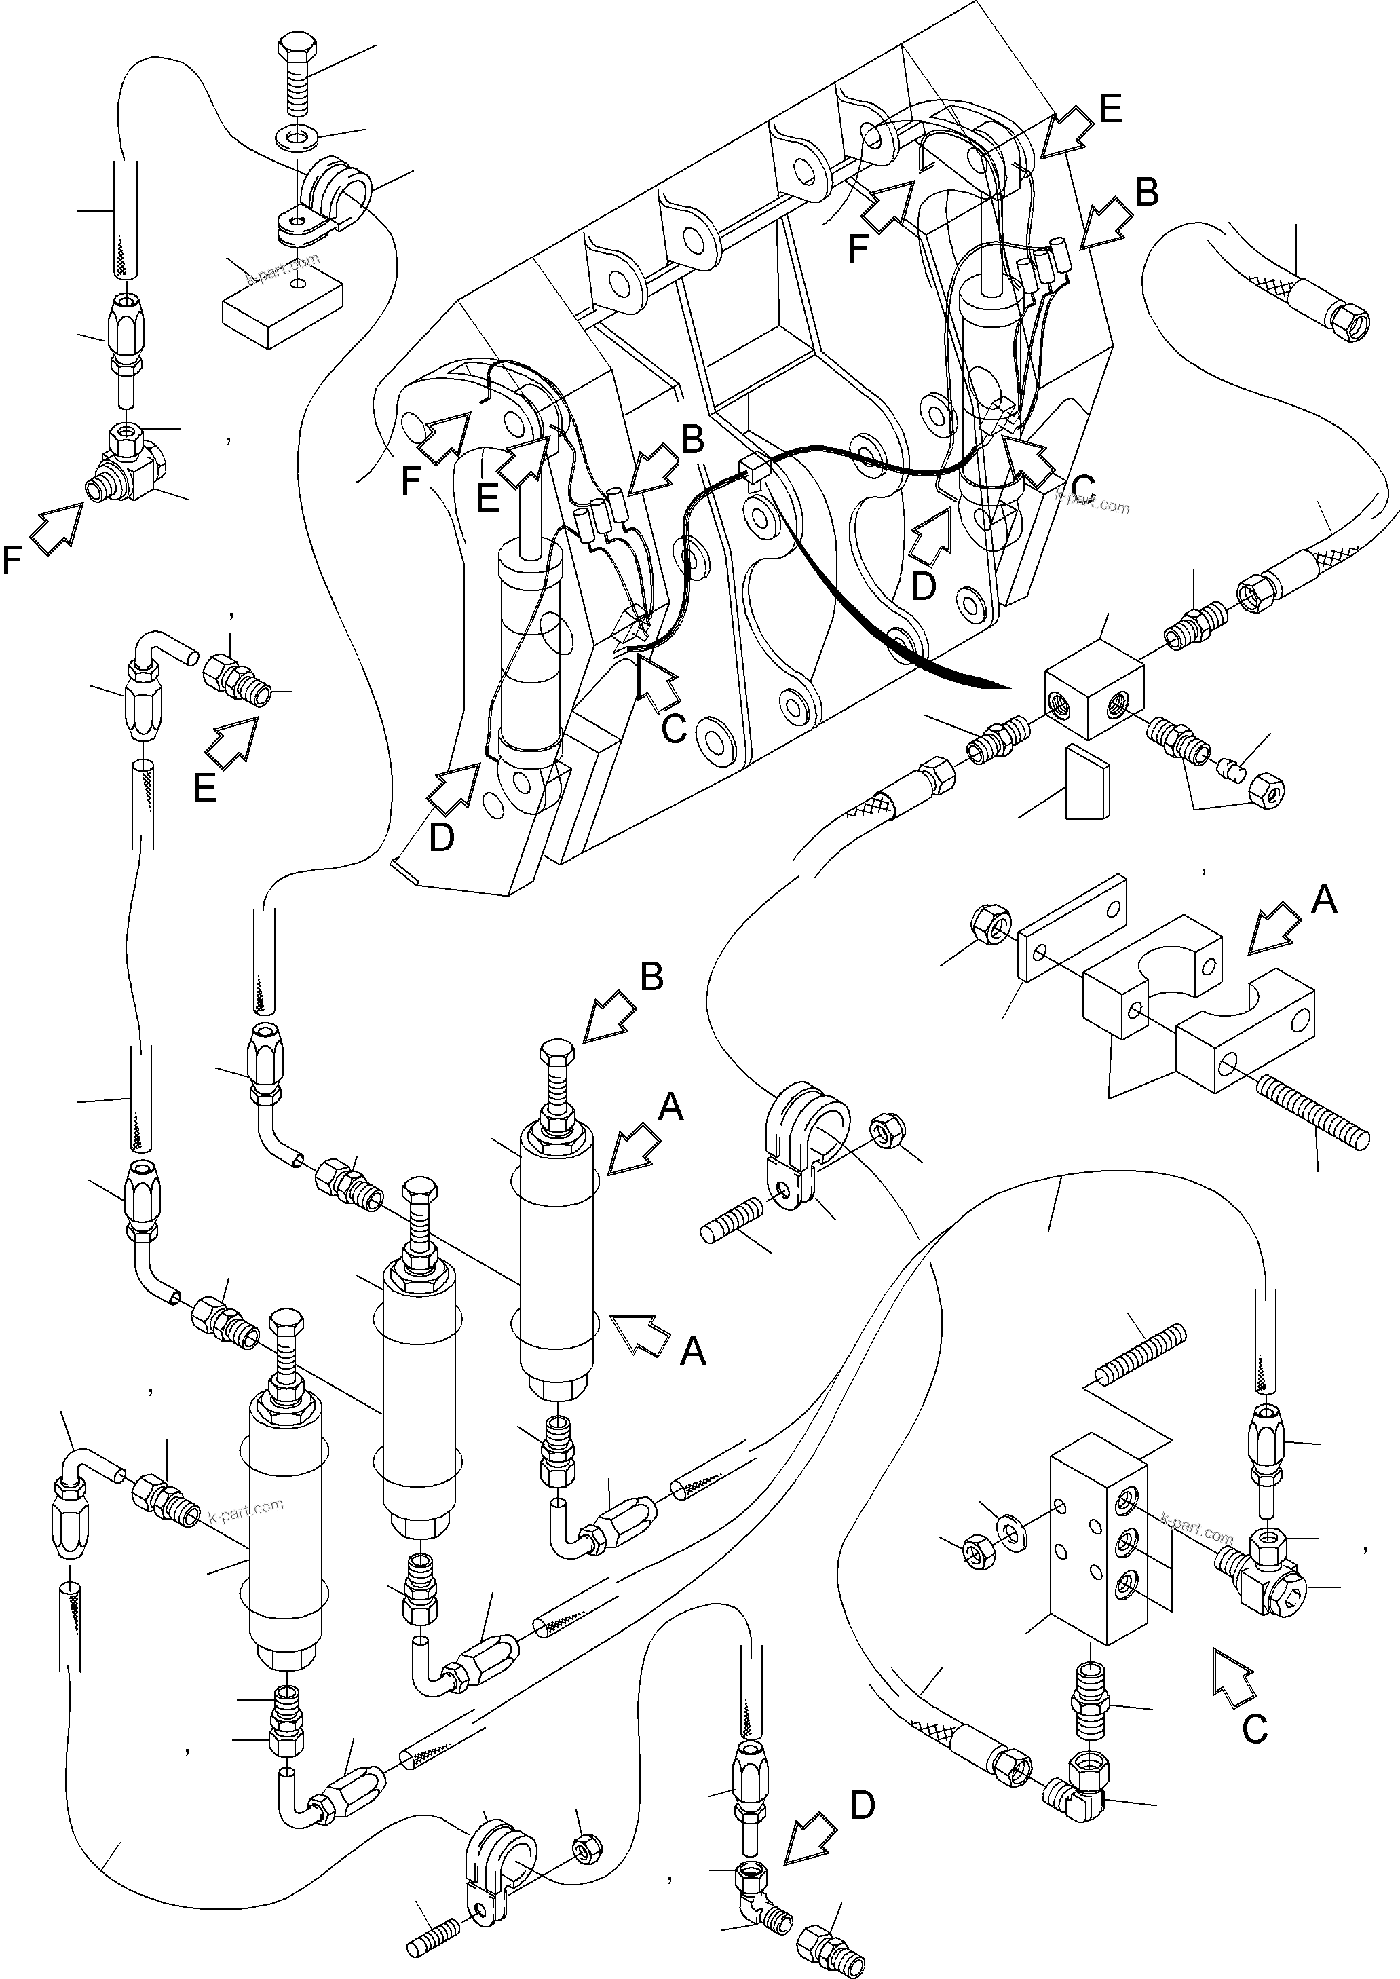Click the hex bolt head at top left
click(x=299, y=54)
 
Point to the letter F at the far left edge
click(x=12, y=561)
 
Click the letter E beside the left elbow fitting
click(x=204, y=788)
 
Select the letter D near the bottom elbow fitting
click(x=862, y=1804)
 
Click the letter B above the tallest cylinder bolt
click(x=651, y=977)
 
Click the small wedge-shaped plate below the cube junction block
click(x=1087, y=783)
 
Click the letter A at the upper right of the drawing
click(x=1323, y=900)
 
